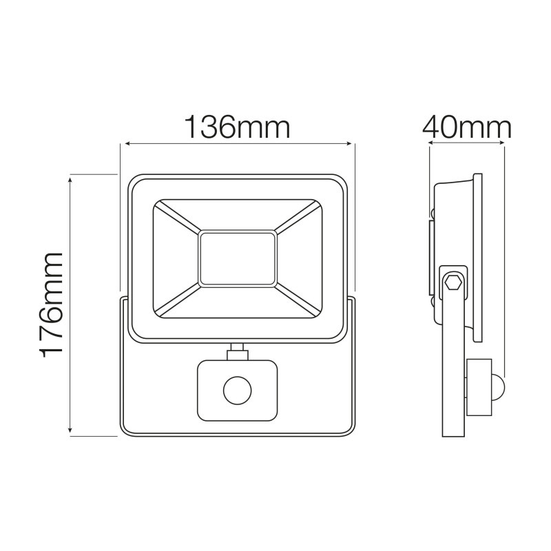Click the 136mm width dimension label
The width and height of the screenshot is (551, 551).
tap(236, 127)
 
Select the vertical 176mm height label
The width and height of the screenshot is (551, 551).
tap(52, 304)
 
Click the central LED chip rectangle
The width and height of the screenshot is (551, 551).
tap(238, 258)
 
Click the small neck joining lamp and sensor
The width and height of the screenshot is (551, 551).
tap(237, 351)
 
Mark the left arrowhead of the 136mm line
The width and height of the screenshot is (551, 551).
tap(124, 144)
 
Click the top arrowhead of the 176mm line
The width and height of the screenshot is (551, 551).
tap(71, 178)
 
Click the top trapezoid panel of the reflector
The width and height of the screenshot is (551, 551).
tap(238, 215)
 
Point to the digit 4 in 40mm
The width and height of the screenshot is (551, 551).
tap(432, 127)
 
